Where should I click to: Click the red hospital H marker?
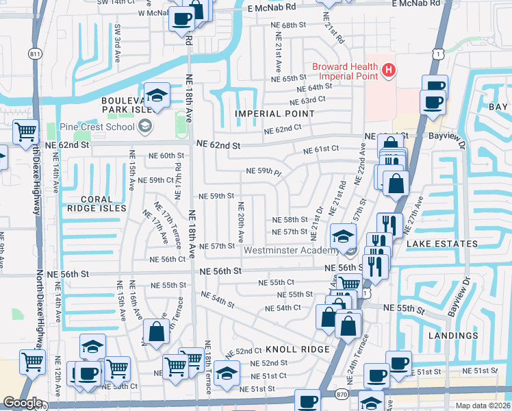[389, 69]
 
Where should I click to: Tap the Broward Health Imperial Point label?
[346, 71]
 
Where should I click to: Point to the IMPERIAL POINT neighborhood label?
[268, 113]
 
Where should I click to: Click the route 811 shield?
[36, 53]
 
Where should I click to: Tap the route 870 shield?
[340, 393]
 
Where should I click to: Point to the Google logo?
[22, 403]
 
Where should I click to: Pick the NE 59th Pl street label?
[264, 171]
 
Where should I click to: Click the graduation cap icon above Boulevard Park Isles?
[156, 95]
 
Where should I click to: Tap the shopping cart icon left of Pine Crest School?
[25, 129]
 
